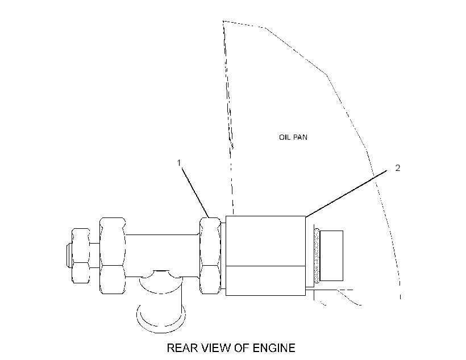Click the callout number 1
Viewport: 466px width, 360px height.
pyautogui.click(x=179, y=163)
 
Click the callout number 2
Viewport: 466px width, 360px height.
pyautogui.click(x=398, y=168)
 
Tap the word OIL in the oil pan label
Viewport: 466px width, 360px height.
pyautogui.click(x=284, y=137)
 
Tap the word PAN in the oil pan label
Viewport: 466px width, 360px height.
pyautogui.click(x=300, y=137)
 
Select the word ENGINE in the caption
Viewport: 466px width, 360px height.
pyautogui.click(x=274, y=348)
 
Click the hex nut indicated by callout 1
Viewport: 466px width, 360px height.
pyautogui.click(x=210, y=256)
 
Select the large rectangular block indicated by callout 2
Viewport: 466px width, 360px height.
pyautogui.click(x=266, y=256)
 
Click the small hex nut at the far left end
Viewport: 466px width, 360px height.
pyautogui.click(x=81, y=256)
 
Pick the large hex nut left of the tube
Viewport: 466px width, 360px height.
pyautogui.click(x=113, y=256)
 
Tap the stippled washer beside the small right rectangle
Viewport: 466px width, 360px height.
pyautogui.click(x=317, y=256)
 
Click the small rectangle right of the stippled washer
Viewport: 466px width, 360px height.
pyautogui.click(x=331, y=256)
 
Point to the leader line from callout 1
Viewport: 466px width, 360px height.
pyautogui.click(x=195, y=192)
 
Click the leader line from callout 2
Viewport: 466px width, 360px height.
pyautogui.click(x=346, y=194)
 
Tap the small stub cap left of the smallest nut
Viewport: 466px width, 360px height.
pyautogui.click(x=69, y=256)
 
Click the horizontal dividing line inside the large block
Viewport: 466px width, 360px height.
pyautogui.click(x=266, y=266)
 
